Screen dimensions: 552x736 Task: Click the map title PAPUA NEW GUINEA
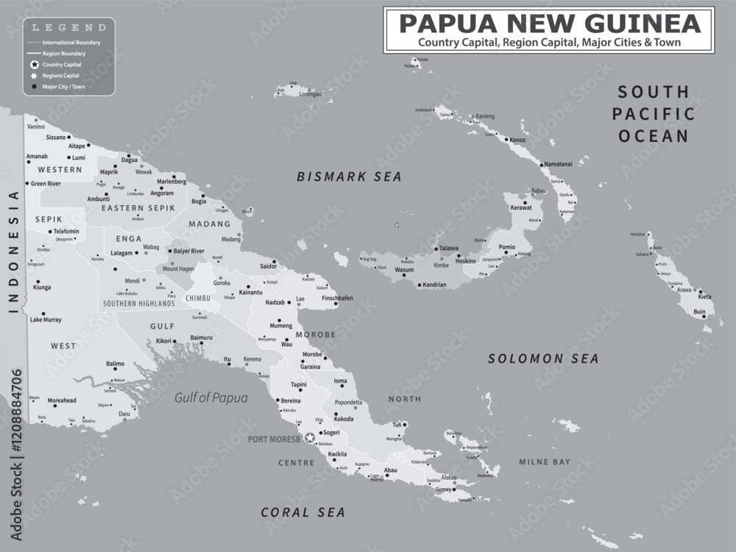pos(548,24)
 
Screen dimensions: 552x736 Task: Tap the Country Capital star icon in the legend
pos(34,65)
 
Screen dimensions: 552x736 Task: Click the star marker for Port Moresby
pos(310,438)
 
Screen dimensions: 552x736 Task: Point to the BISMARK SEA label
pos(349,177)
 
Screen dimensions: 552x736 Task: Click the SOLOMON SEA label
pos(544,359)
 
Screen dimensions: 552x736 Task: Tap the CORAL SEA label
pos(302,512)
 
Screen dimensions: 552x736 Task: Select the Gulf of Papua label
pos(210,397)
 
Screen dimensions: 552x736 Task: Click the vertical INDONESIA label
pos(13,252)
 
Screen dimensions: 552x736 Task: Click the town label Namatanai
pos(557,164)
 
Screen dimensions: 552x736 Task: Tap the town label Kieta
pos(705,297)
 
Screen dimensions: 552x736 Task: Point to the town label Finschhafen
pos(338,298)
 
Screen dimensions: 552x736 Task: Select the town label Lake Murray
pos(46,319)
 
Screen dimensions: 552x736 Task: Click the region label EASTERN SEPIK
pos(138,208)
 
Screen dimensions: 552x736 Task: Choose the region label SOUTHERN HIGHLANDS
pos(139,303)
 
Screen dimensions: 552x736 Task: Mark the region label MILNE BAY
pos(545,462)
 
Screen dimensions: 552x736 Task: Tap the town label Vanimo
pos(36,127)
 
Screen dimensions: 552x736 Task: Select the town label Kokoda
pos(344,419)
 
